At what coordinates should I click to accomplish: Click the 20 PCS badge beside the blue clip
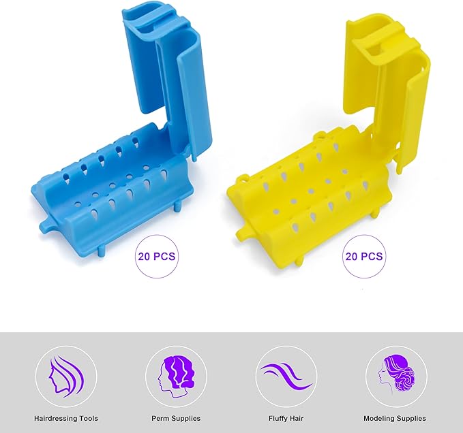[x=157, y=257]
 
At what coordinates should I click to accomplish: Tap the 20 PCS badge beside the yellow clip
[x=364, y=257]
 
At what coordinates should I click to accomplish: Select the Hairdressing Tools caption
[x=66, y=418]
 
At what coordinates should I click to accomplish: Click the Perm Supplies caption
[x=176, y=418]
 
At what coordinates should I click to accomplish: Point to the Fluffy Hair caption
[x=286, y=418]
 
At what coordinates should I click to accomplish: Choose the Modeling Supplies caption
[x=395, y=418]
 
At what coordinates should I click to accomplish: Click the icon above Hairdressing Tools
[x=66, y=376]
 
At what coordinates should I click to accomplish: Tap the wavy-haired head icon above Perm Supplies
[x=176, y=376]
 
